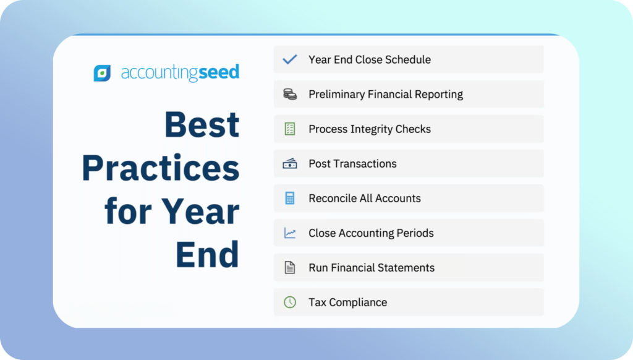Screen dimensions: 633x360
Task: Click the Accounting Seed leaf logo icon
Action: point(102,73)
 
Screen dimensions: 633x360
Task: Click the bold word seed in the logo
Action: point(219,72)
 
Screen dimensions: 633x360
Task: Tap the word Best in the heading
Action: point(202,124)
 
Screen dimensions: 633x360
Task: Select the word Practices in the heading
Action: point(161,168)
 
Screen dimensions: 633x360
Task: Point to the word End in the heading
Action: point(208,254)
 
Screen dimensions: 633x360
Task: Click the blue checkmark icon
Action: point(290,59)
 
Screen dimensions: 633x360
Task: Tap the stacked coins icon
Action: point(290,94)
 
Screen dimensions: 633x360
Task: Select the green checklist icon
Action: point(290,129)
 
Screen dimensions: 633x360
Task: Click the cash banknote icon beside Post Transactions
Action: point(290,164)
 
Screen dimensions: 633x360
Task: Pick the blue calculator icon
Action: point(290,199)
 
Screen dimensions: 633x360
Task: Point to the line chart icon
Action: point(290,233)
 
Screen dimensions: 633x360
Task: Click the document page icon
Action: point(290,267)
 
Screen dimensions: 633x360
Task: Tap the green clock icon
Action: point(290,302)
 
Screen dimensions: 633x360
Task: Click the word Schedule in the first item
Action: point(408,59)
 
